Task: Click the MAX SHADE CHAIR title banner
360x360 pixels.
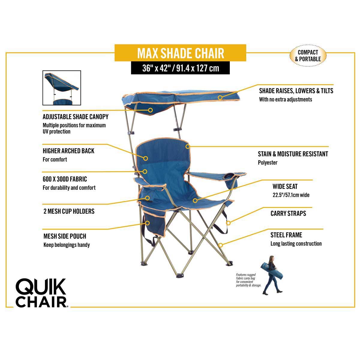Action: (180, 53)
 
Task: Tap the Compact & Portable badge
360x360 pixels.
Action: (308, 56)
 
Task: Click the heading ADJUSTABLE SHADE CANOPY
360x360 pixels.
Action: (75, 116)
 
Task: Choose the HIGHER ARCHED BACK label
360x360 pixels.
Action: (68, 151)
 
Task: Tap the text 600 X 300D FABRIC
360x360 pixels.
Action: (65, 179)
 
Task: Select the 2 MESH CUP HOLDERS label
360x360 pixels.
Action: (69, 211)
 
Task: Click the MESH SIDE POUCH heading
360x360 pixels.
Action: (64, 236)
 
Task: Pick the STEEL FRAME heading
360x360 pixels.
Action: (286, 235)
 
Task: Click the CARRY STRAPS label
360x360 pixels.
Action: (288, 213)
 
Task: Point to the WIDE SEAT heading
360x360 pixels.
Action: (285, 186)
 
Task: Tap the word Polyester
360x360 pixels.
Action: (268, 163)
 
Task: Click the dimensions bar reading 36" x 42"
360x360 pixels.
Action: (180, 68)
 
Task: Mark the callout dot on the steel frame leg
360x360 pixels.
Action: (220, 245)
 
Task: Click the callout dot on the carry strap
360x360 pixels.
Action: (228, 223)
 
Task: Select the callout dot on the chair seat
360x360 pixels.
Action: (195, 200)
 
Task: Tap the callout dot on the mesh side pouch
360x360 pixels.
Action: (148, 223)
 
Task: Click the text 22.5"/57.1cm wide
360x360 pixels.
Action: (291, 195)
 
